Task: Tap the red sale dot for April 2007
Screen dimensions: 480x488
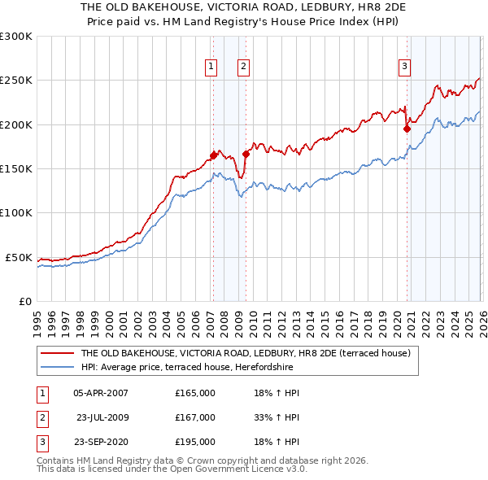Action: pos(213,155)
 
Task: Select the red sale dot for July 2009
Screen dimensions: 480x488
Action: pos(246,154)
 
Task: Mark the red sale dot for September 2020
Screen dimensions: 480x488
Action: pos(407,129)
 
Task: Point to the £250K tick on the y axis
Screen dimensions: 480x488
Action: pos(16,81)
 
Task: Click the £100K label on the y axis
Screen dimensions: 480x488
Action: pos(16,213)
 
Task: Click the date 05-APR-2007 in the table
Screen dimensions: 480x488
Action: pos(101,393)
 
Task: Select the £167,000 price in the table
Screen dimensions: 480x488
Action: pos(195,417)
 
